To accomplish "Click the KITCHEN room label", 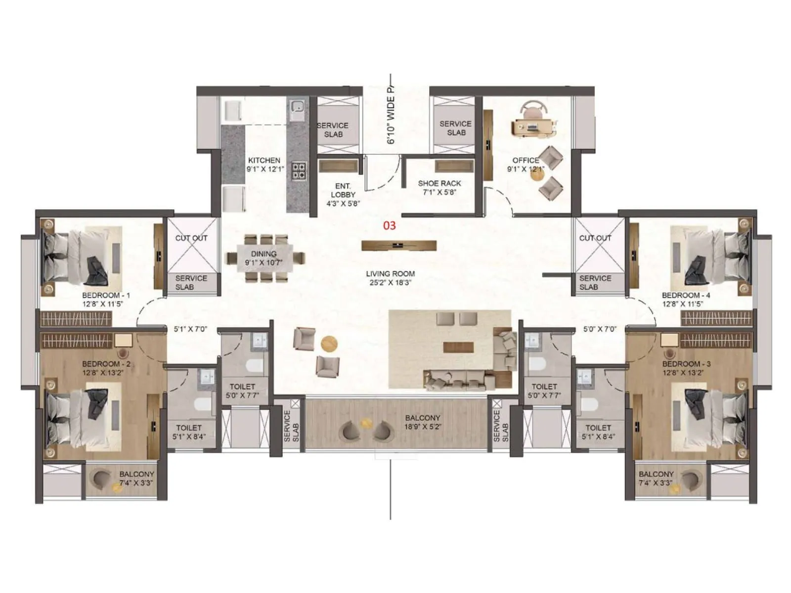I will (264, 160).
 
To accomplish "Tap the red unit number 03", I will (390, 225).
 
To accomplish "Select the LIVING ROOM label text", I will (390, 273).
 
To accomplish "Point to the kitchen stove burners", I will (299, 170).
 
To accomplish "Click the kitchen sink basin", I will (297, 107).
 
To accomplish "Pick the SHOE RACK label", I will (439, 183).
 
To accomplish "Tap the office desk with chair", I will (533, 124).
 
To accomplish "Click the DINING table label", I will (264, 254).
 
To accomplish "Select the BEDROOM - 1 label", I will (106, 295).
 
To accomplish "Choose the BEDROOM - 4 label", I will (686, 295).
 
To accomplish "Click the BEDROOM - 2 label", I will (106, 364).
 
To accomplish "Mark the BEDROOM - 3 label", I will (686, 364).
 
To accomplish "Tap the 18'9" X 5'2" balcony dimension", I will (423, 427).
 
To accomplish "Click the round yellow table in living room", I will (329, 343).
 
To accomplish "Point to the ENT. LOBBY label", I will (343, 190).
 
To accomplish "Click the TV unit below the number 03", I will (398, 245).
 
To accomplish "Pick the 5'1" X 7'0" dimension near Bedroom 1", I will (190, 329).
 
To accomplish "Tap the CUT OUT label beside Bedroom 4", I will (595, 238).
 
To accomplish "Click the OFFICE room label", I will (526, 160).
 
